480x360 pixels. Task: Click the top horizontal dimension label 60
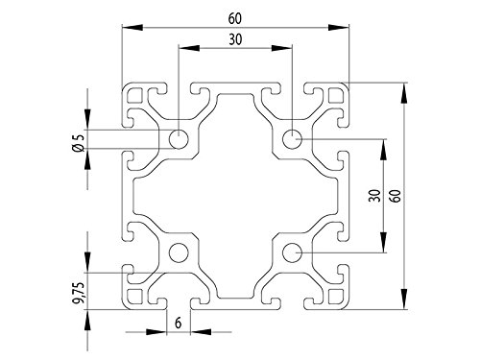click(x=235, y=19)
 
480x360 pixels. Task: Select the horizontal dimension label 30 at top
click(x=235, y=39)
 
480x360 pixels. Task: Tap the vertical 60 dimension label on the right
click(x=396, y=196)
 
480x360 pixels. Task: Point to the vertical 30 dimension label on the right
click(x=374, y=196)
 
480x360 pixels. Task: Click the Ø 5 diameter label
click(x=79, y=142)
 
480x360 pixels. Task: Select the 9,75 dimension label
click(x=79, y=293)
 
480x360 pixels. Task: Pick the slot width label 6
click(x=179, y=324)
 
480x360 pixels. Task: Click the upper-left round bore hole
click(x=179, y=139)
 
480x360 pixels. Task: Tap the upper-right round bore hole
click(x=292, y=139)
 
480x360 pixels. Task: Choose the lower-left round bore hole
click(x=179, y=252)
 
